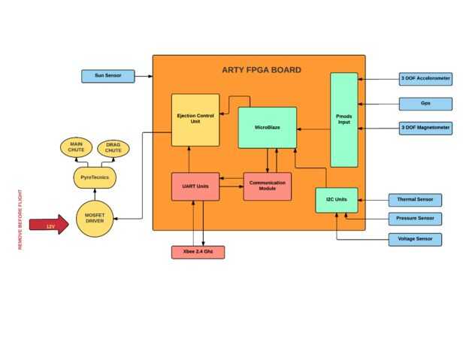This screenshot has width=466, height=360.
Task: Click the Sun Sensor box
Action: (108, 76)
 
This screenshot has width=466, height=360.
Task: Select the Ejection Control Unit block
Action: (195, 119)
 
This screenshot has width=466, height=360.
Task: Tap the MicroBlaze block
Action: (267, 128)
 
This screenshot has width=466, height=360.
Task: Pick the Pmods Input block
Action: (343, 119)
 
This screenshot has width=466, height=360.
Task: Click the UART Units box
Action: (195, 186)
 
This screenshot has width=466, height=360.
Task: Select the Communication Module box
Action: (267, 186)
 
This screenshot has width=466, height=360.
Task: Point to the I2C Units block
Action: (336, 200)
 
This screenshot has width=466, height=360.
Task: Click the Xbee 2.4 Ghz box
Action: (198, 252)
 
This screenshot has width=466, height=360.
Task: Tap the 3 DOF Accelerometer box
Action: (425, 78)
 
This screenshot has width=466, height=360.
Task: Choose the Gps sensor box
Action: (425, 103)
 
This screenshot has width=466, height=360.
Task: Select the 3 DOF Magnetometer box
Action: (425, 128)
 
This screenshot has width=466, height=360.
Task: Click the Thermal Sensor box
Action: (415, 200)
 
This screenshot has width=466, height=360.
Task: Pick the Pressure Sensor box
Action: (415, 219)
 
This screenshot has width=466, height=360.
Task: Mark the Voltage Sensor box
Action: (415, 239)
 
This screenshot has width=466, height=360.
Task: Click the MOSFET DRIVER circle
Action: (95, 219)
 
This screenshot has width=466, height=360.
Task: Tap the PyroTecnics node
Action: (95, 177)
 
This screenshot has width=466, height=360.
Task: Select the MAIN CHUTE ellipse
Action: (77, 147)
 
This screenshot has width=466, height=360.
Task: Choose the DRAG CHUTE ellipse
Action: (113, 147)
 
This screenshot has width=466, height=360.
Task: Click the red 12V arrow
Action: (48, 225)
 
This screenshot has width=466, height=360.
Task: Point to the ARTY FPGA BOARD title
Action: (261, 70)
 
